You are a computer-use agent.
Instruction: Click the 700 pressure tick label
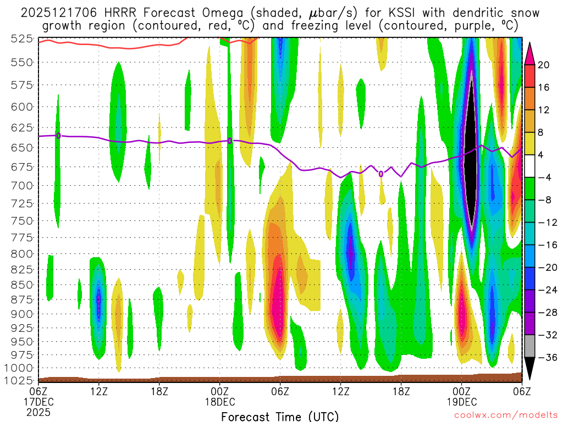click(21, 185)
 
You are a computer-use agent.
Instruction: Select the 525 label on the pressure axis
click(21, 38)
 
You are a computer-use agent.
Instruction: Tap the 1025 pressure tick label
click(19, 380)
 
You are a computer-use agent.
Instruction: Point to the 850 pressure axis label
click(21, 285)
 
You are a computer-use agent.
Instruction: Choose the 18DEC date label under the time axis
click(220, 401)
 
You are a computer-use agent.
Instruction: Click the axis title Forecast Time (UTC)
click(280, 416)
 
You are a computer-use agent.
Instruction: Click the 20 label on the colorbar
click(544, 65)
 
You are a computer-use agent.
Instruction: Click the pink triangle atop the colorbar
click(529, 53)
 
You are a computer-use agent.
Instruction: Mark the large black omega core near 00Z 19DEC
click(471, 159)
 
